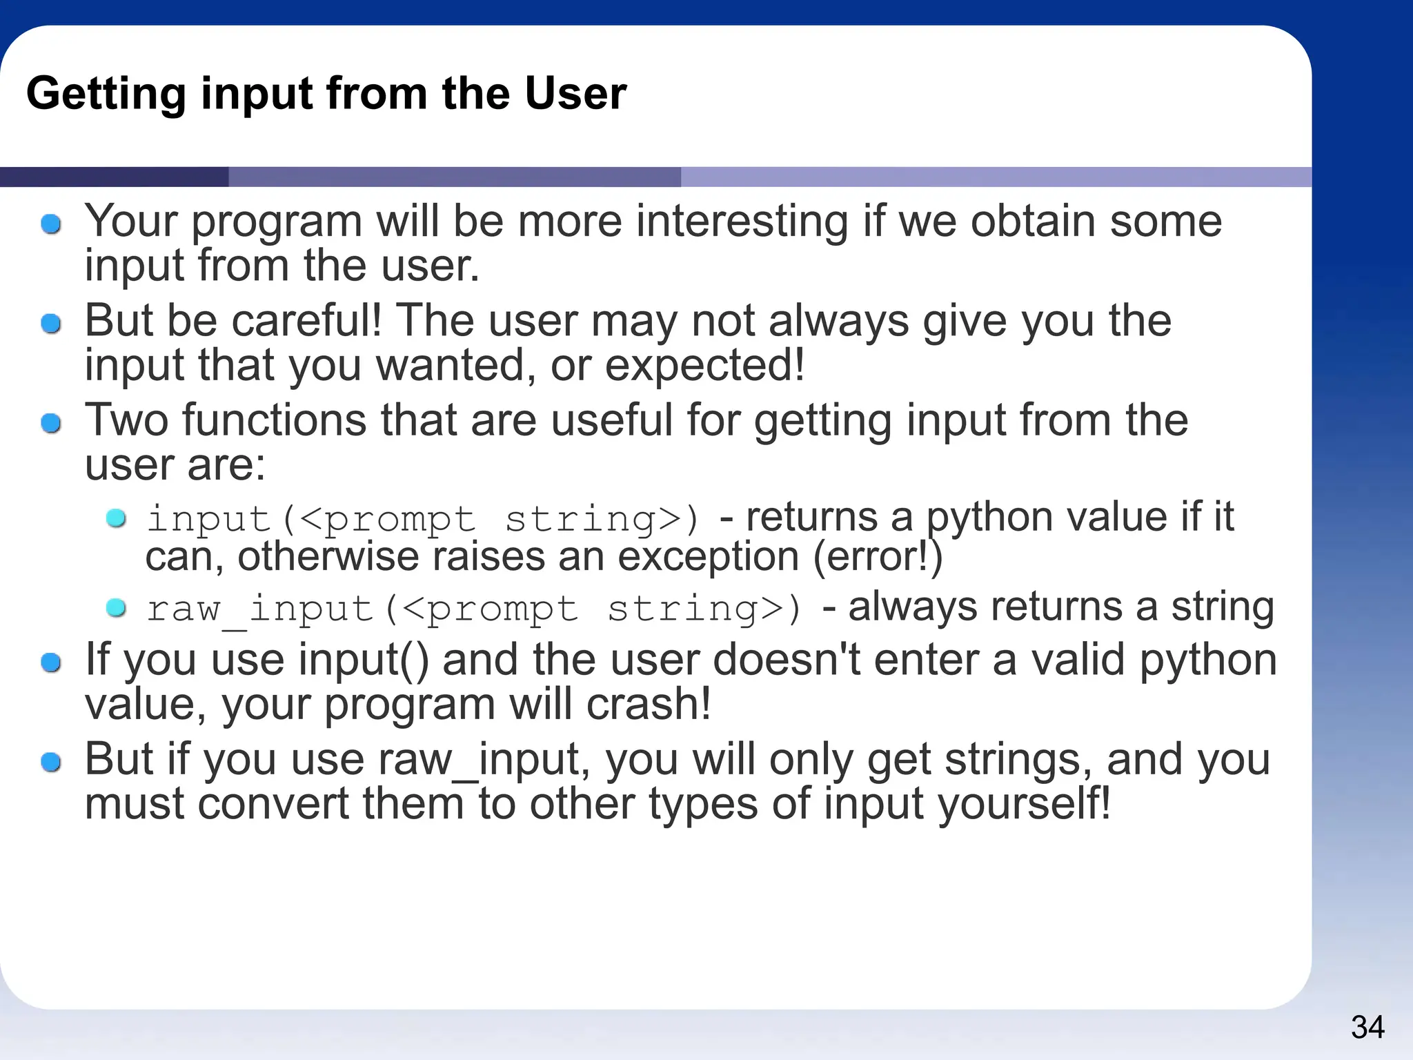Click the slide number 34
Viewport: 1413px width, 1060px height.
[1367, 1027]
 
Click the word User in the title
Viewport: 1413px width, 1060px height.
[575, 93]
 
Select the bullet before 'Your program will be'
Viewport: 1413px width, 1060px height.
[51, 224]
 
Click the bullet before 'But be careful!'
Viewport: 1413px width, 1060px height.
[51, 323]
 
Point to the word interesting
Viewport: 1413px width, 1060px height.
[742, 222]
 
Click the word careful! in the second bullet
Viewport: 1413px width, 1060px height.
[306, 321]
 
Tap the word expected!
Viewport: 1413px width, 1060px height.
[704, 366]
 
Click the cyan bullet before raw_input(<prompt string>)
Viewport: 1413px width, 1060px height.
[116, 608]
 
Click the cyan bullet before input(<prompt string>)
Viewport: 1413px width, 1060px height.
[116, 518]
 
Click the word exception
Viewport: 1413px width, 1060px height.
[708, 558]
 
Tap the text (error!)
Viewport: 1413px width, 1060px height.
[877, 558]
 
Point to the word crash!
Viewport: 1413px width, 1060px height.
[648, 705]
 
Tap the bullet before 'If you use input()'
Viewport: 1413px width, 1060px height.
[51, 663]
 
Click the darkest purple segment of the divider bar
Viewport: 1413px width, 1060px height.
[114, 177]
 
